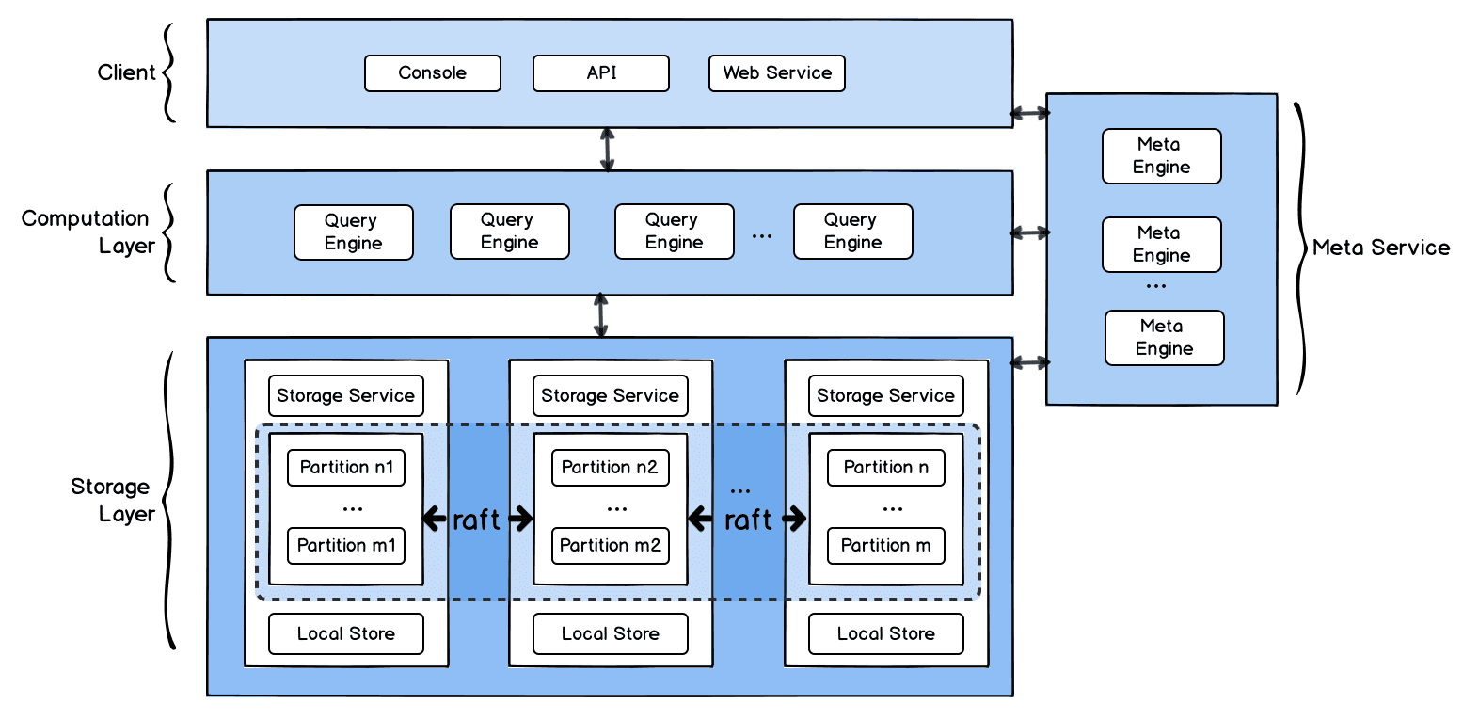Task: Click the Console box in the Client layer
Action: tap(433, 73)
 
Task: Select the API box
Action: tap(601, 73)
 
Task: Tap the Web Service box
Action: tap(777, 73)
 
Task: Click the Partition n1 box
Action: tap(346, 468)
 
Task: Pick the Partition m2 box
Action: tap(611, 546)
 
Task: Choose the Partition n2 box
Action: tap(611, 468)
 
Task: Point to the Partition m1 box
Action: tap(346, 546)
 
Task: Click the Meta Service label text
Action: tap(1381, 248)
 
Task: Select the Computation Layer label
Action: tap(87, 232)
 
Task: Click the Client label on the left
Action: tap(126, 72)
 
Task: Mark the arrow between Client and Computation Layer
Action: tap(607, 149)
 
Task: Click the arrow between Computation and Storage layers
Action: tap(601, 315)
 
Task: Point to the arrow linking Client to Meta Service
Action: tap(1030, 113)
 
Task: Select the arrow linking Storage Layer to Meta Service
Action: tap(1030, 362)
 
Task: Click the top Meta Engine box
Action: tap(1162, 156)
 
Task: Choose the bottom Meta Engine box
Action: tap(1165, 338)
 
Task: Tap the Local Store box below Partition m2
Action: tap(611, 634)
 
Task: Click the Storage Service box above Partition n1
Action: tap(346, 396)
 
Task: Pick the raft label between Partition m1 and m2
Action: tap(477, 519)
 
